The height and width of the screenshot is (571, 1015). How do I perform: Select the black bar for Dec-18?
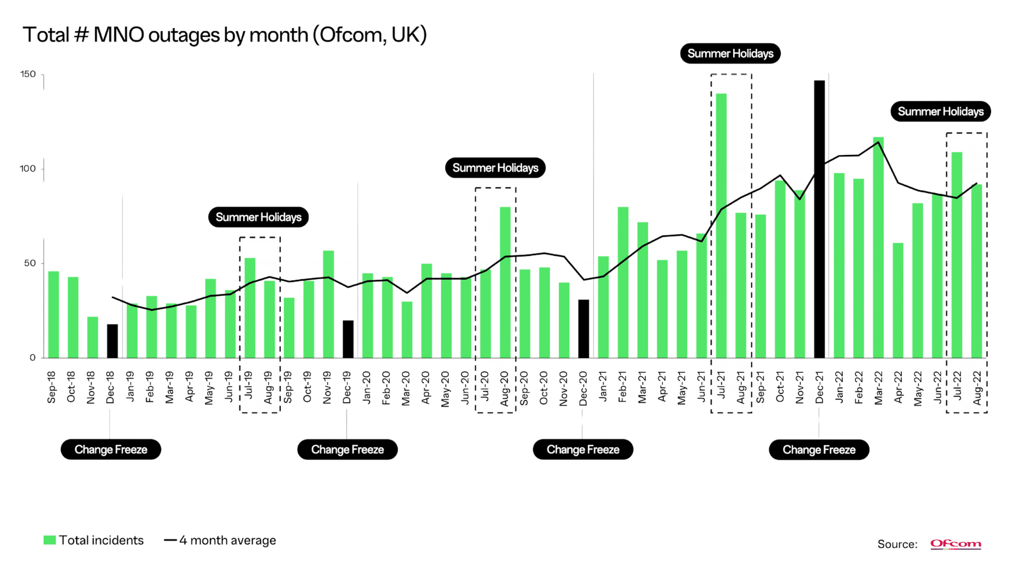113,341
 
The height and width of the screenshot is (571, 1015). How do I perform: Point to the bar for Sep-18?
53,314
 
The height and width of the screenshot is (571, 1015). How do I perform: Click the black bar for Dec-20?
583,328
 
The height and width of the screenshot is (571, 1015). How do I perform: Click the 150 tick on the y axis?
28,74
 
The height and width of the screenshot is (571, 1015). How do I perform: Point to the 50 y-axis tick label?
30,263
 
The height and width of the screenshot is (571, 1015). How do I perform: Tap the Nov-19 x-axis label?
327,388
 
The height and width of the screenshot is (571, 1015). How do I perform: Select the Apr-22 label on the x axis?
898,388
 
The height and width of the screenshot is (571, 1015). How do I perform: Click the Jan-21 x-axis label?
603,388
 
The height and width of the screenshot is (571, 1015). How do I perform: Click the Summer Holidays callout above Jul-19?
259,217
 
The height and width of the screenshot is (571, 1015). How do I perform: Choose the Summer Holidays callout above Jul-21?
730,54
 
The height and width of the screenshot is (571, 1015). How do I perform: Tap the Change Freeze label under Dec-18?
111,449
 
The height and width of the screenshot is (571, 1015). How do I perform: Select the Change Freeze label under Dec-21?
819,450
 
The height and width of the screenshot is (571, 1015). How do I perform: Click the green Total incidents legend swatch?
50,540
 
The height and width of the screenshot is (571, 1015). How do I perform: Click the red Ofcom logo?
955,544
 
